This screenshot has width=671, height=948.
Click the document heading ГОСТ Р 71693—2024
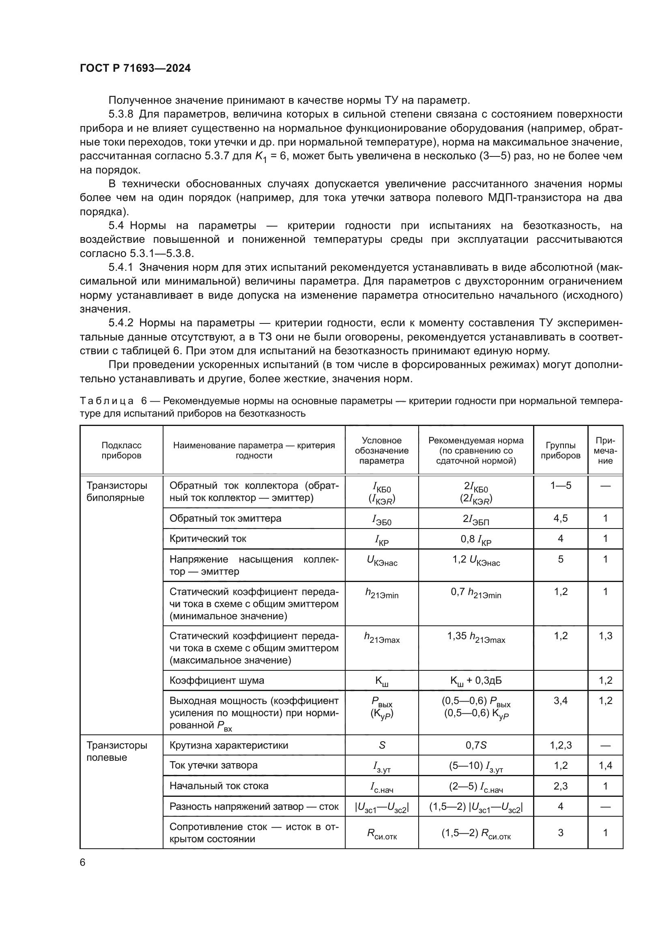point(135,68)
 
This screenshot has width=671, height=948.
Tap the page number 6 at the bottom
point(83,862)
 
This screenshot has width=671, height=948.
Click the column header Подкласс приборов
point(121,450)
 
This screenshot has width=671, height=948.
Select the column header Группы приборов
point(560,450)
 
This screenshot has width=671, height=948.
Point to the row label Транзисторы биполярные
point(116,491)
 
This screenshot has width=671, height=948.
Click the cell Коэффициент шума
point(217,680)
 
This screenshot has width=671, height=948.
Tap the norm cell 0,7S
point(475,745)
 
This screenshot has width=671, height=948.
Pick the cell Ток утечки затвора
point(213,765)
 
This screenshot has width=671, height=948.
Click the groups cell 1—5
point(560,486)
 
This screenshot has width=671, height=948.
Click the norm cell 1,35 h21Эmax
point(475,637)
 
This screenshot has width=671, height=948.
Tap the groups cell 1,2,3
point(560,745)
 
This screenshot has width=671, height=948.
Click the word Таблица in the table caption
point(107,401)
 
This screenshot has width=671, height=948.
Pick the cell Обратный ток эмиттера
point(225,518)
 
